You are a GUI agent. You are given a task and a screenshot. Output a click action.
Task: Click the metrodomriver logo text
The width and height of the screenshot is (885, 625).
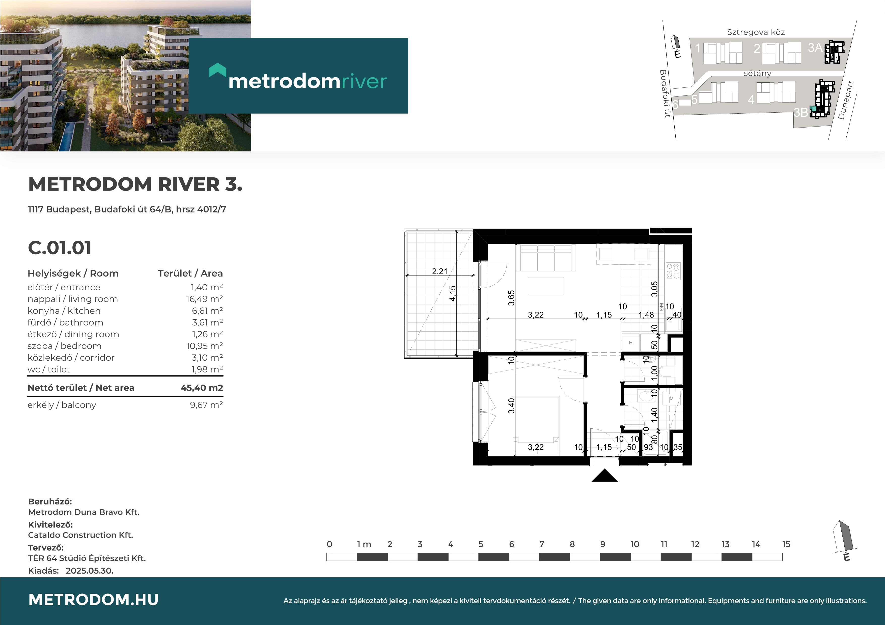pos(308,81)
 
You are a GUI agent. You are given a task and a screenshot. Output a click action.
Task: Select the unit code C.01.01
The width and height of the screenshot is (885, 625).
pos(60,248)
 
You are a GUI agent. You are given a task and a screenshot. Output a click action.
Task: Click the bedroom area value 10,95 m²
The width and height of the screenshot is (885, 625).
pos(204,346)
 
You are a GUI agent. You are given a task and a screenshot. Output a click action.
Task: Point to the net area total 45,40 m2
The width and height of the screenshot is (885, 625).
pos(202,388)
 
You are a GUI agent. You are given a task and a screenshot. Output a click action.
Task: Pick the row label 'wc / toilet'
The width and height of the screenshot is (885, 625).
pos(49,369)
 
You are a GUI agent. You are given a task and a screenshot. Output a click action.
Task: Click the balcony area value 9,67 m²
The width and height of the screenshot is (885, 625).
pos(206,405)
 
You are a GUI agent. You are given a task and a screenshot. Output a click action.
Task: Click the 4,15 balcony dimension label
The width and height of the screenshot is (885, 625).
pos(453,293)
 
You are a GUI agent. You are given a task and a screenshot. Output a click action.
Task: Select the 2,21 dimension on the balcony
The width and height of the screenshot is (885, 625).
pos(439,271)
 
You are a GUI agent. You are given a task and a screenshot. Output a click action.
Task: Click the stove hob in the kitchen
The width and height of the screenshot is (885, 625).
pos(673,271)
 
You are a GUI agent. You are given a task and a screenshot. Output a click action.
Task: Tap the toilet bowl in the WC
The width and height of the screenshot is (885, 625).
pos(666,372)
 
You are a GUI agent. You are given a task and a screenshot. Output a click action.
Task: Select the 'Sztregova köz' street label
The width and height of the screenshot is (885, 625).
pos(756,32)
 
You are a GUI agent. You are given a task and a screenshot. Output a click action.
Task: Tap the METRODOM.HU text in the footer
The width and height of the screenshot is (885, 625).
pos(94,600)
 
